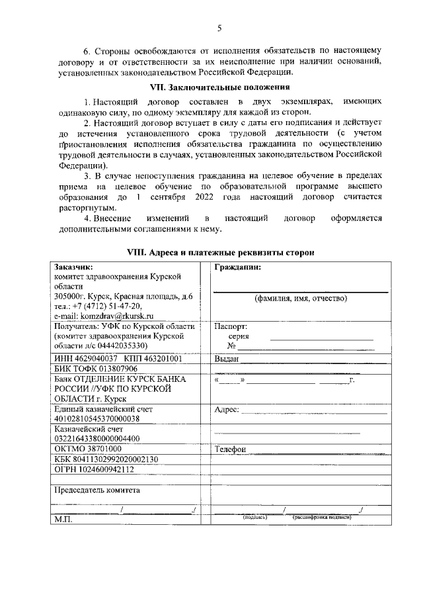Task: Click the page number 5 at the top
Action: coord(219,27)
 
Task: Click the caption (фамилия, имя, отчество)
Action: coord(301,299)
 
